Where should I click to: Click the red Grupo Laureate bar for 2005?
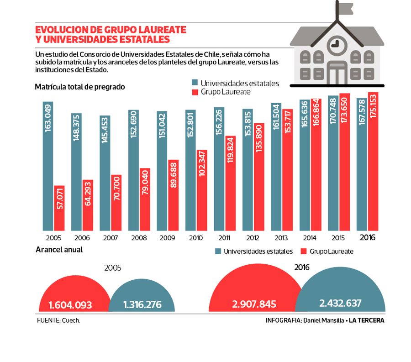coord(59,208)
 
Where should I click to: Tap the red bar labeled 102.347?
coord(202,189)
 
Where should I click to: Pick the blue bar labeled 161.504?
coord(276,167)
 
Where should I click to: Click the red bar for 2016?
coord(373,161)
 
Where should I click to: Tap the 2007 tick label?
coord(111,238)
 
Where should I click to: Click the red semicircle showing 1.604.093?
coord(74,297)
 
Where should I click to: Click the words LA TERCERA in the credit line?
coord(367,320)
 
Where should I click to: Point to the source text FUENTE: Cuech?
coord(58,320)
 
